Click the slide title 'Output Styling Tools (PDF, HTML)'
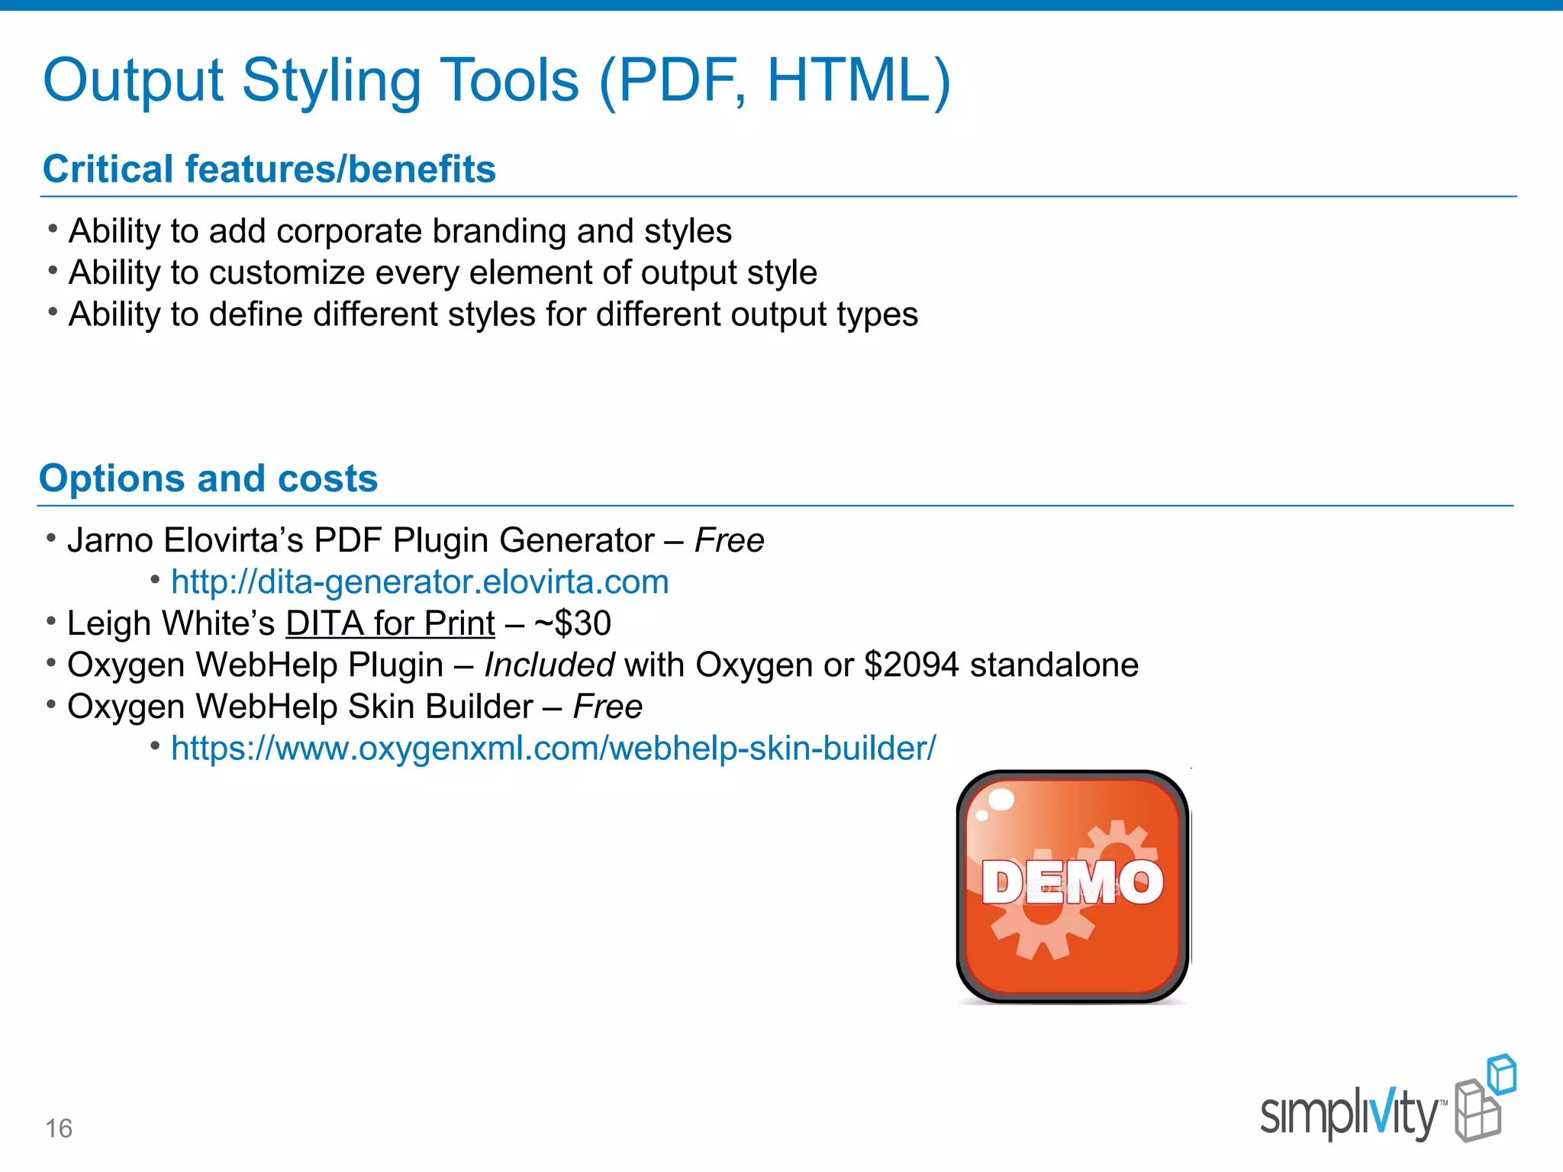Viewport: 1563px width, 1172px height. [496, 81]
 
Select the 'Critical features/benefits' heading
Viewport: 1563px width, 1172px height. [269, 169]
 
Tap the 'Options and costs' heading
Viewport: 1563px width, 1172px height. [208, 478]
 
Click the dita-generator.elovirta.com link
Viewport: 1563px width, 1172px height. [420, 582]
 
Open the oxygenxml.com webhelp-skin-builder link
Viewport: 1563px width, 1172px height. [553, 749]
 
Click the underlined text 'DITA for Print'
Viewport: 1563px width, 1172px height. [390, 623]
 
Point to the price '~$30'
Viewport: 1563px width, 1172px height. [572, 623]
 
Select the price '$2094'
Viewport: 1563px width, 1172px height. [911, 665]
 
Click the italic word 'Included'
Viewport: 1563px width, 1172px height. [549, 665]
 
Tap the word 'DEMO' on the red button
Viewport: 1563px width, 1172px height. [1072, 883]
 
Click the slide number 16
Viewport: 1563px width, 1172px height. [59, 1129]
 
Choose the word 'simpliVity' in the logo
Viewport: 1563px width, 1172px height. [1349, 1114]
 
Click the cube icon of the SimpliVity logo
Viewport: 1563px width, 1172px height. [1484, 1099]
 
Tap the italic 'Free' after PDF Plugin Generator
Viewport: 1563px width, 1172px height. [729, 540]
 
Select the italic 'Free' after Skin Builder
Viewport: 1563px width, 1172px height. [607, 707]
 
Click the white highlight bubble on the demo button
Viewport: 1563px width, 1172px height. [1001, 800]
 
